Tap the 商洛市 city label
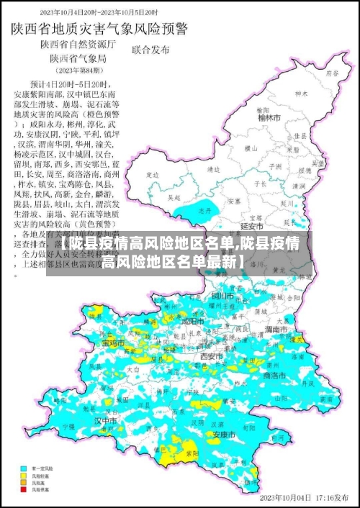coord(276,376)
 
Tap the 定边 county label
coord(152,175)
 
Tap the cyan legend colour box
coord(24,468)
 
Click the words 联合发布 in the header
coord(151,50)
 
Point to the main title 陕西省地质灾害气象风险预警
coord(99,30)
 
